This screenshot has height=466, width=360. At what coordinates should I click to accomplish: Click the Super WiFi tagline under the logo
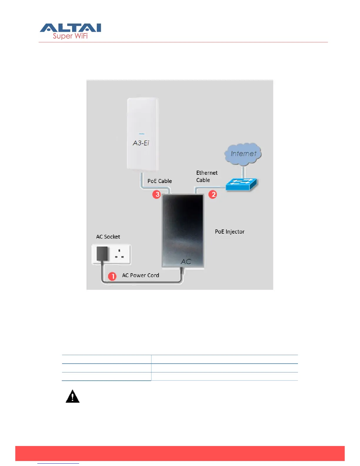coord(70,36)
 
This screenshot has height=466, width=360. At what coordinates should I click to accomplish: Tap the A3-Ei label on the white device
coord(141,143)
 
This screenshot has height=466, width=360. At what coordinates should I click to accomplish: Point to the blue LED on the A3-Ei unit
coord(142,134)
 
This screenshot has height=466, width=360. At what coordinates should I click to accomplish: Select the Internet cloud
coord(243,153)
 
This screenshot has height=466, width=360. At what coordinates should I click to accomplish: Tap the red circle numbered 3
coord(156,194)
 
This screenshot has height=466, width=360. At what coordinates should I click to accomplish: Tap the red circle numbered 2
coord(213,194)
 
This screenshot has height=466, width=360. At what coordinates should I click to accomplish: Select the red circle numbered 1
coord(112,276)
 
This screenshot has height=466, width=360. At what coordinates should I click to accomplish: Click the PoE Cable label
coord(160,181)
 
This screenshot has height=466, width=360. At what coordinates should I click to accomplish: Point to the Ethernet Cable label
coord(207,176)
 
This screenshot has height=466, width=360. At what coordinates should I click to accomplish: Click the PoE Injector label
coord(230,232)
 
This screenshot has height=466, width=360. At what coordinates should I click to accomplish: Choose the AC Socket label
coord(108,237)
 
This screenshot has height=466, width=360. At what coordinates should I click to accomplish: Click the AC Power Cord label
coord(141,275)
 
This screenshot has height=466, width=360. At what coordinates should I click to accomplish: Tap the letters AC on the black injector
coord(186,262)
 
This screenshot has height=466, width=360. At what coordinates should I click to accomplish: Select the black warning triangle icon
coord(73,397)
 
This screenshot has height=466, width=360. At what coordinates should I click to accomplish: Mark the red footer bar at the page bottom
coord(180,453)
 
